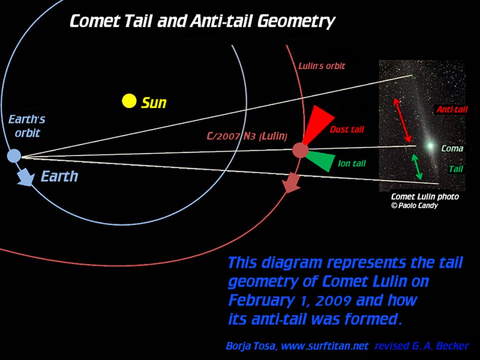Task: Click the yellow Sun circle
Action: tap(129, 101)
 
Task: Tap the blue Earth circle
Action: tap(14, 155)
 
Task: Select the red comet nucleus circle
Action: tap(300, 150)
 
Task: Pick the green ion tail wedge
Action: tap(322, 161)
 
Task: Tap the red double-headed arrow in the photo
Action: tap(403, 120)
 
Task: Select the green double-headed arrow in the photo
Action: tap(417, 167)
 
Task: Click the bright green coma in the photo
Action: tap(429, 146)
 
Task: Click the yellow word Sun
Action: tap(154, 103)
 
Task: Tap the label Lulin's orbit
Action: tap(322, 66)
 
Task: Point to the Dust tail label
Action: tap(347, 129)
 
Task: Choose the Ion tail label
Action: tap(352, 164)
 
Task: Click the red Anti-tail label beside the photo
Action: tap(452, 110)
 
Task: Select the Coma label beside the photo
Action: tap(452, 149)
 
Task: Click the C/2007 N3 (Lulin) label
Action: tap(247, 136)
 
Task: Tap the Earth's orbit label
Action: tap(27, 126)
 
